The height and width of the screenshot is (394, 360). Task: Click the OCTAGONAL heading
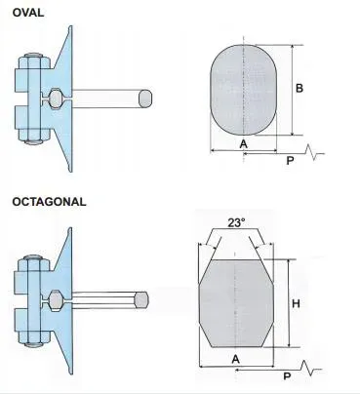point(50,202)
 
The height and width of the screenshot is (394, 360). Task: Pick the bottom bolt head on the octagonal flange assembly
point(33,342)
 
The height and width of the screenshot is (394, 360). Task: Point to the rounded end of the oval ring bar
point(146,98)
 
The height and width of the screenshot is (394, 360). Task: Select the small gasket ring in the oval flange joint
point(58,98)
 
